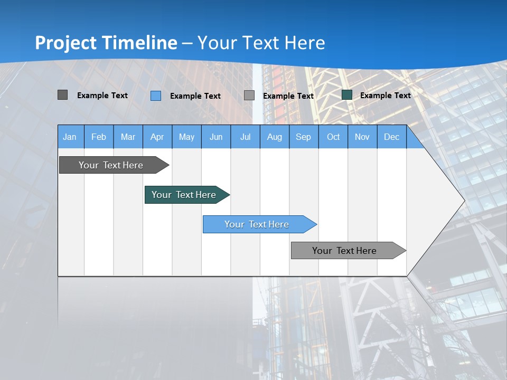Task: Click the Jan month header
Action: coord(70,137)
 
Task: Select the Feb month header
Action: coord(99,137)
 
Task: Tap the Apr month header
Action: coord(157,137)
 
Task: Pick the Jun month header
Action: coord(216,137)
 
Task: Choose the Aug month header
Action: coord(275,137)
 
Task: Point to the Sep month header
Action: coord(304,137)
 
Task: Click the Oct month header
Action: coord(333,137)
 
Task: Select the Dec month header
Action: coord(392,137)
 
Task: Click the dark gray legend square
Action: coord(62,95)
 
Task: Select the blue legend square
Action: coord(156,96)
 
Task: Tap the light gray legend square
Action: coord(249,96)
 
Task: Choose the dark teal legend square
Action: coord(347,95)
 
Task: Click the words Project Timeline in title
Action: coord(106,43)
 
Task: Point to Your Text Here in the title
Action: coord(261,43)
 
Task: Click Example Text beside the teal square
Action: coord(386,96)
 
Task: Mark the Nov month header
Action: coord(362,137)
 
